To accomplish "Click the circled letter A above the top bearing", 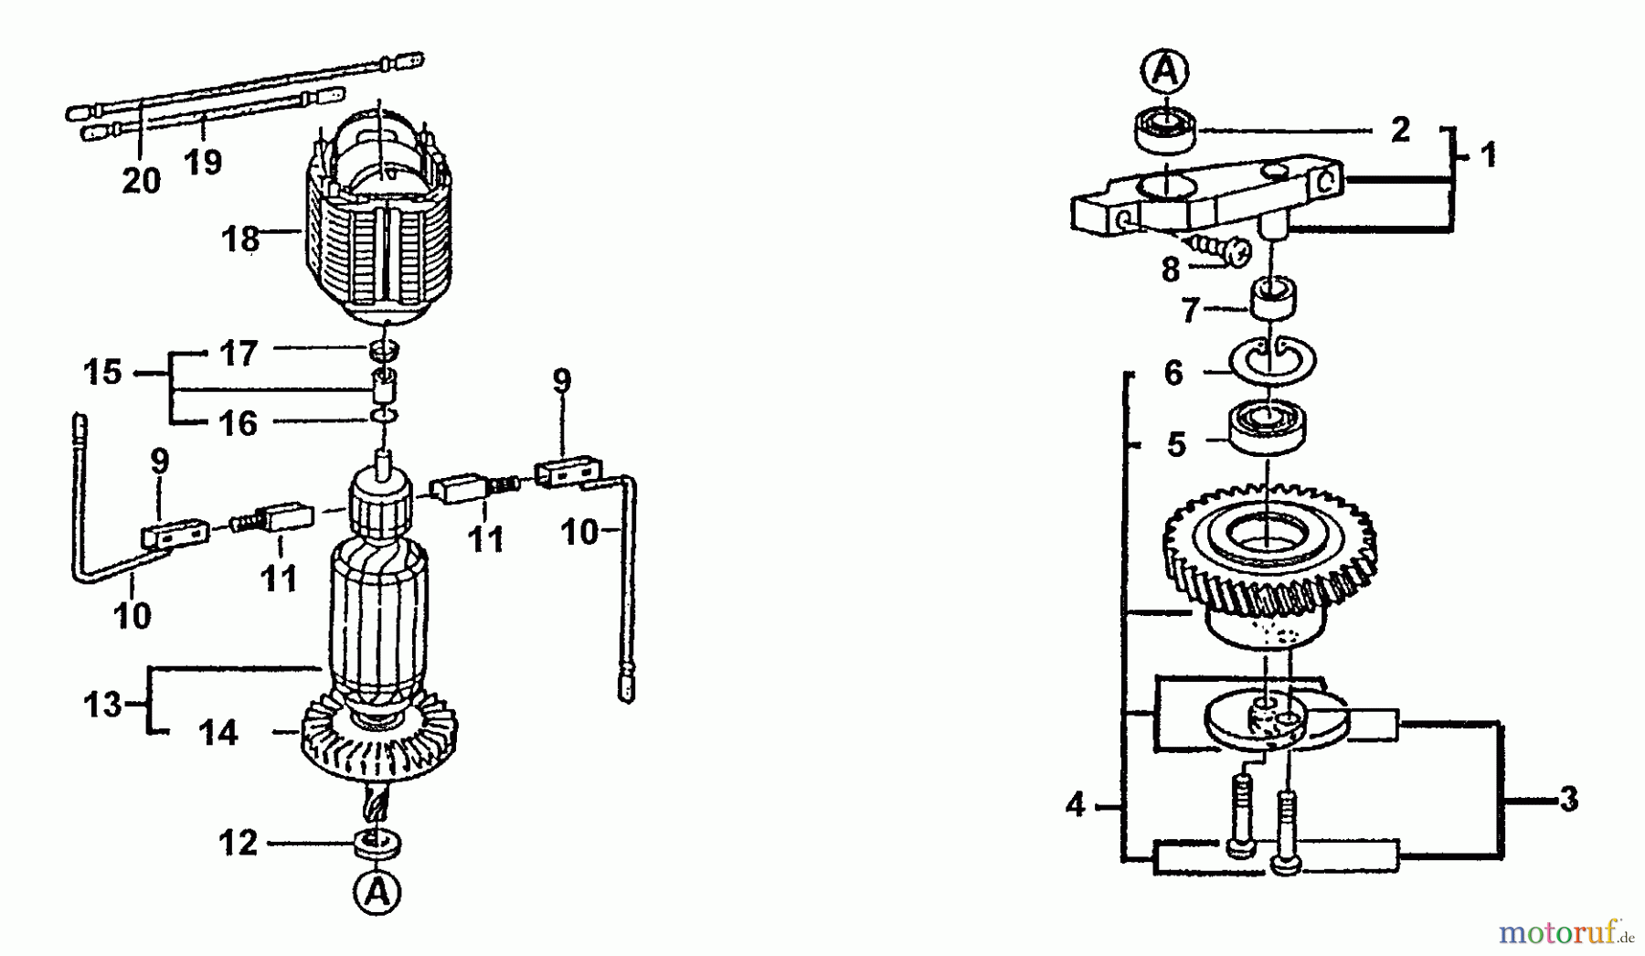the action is click(1165, 71).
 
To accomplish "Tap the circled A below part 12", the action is click(377, 891).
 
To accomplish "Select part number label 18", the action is click(240, 239).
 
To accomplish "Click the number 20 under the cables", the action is click(141, 181).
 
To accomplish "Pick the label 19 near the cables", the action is click(203, 162).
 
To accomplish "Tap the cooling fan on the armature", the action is click(378, 745).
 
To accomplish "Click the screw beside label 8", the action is click(1215, 247).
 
